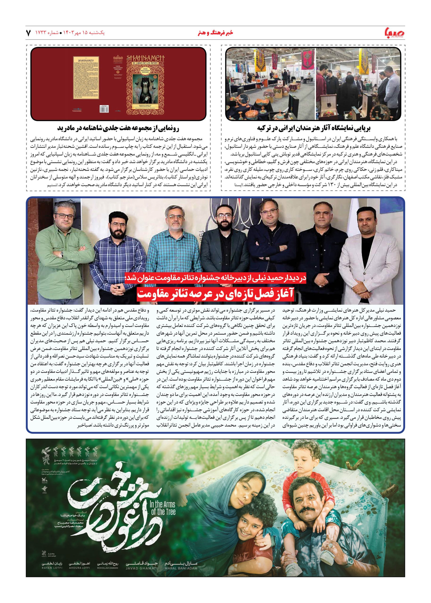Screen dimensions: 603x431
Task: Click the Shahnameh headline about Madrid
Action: click(x=118, y=128)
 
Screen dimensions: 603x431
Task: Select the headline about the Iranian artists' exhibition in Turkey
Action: click(x=313, y=128)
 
